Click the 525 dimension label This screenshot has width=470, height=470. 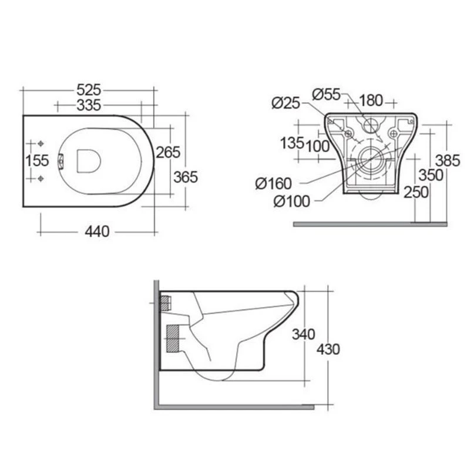89,90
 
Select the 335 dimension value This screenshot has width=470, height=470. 89,105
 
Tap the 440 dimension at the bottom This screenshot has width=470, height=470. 97,231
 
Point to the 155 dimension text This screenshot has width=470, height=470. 37,160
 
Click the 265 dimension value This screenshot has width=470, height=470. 167,152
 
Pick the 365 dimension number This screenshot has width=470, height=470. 186,176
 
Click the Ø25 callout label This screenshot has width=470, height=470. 286,103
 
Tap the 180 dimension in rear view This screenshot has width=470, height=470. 371,100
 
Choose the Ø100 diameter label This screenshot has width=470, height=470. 291,200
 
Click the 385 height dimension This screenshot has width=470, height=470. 447,160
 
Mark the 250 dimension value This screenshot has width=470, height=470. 415,192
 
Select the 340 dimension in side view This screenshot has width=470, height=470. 304,334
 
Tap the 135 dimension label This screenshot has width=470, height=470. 292,143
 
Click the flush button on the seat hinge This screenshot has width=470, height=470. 62,160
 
